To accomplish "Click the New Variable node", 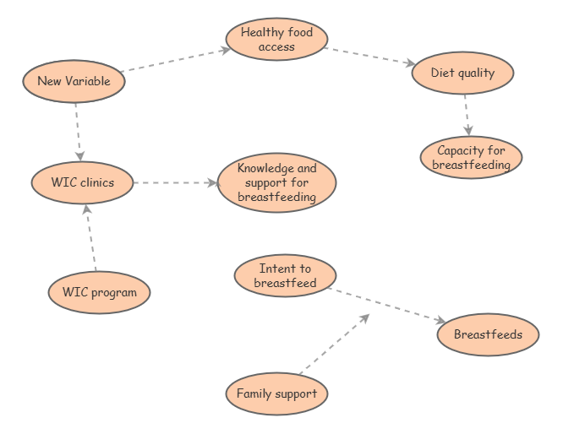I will pyautogui.click(x=74, y=82).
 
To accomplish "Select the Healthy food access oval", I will pyautogui.click(x=276, y=40).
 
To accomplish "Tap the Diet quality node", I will pyautogui.click(x=463, y=73).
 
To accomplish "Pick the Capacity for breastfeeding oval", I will pyautogui.click(x=471, y=158).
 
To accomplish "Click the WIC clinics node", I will pyautogui.click(x=82, y=182).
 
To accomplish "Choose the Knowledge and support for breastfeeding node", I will pyautogui.click(x=276, y=182).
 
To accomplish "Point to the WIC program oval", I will pyautogui.click(x=99, y=292).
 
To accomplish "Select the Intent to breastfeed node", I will pyautogui.click(x=285, y=276).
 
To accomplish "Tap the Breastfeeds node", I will pyautogui.click(x=488, y=334).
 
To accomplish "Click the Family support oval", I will pyautogui.click(x=276, y=393).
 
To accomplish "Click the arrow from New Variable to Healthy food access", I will pyautogui.click(x=176, y=60).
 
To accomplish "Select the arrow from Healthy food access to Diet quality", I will pyautogui.click(x=369, y=55).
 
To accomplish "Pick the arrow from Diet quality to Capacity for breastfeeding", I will pyautogui.click(x=466, y=114).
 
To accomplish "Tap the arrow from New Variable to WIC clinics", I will pyautogui.click(x=78, y=131).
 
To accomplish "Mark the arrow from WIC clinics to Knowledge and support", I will pyautogui.click(x=175, y=182).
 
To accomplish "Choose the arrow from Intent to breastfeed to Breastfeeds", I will pyautogui.click(x=387, y=305).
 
